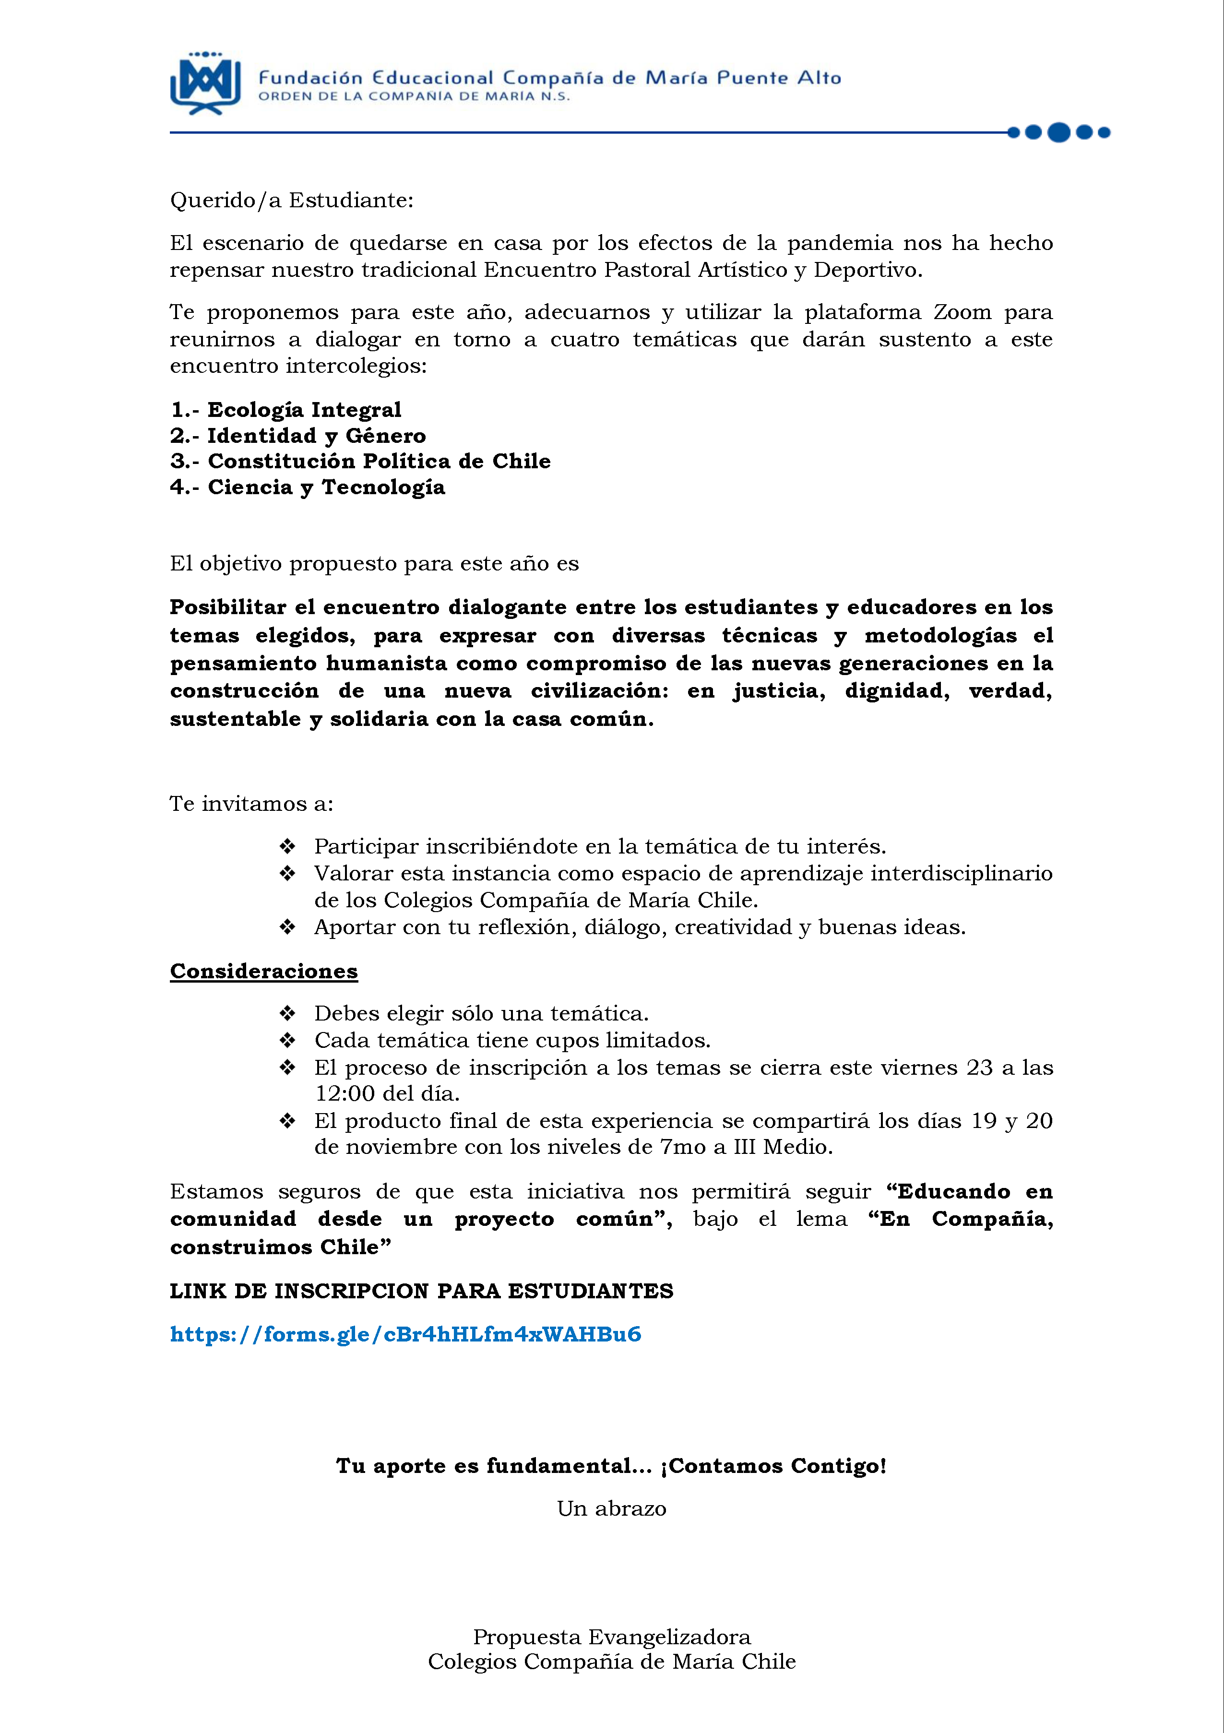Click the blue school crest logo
coord(205,83)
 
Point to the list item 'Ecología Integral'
coord(304,410)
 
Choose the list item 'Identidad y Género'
coord(316,436)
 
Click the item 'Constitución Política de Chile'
coord(379,461)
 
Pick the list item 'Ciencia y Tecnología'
coord(326,487)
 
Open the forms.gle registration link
coord(405,1334)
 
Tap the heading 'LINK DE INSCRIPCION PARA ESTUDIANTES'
coord(421,1291)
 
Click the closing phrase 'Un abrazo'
coord(611,1508)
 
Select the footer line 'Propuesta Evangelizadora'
coord(611,1637)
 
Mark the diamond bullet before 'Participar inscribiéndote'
coord(287,846)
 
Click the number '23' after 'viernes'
coord(979,1067)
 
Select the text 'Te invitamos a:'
coord(251,803)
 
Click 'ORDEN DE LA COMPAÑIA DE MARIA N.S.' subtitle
coord(414,96)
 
